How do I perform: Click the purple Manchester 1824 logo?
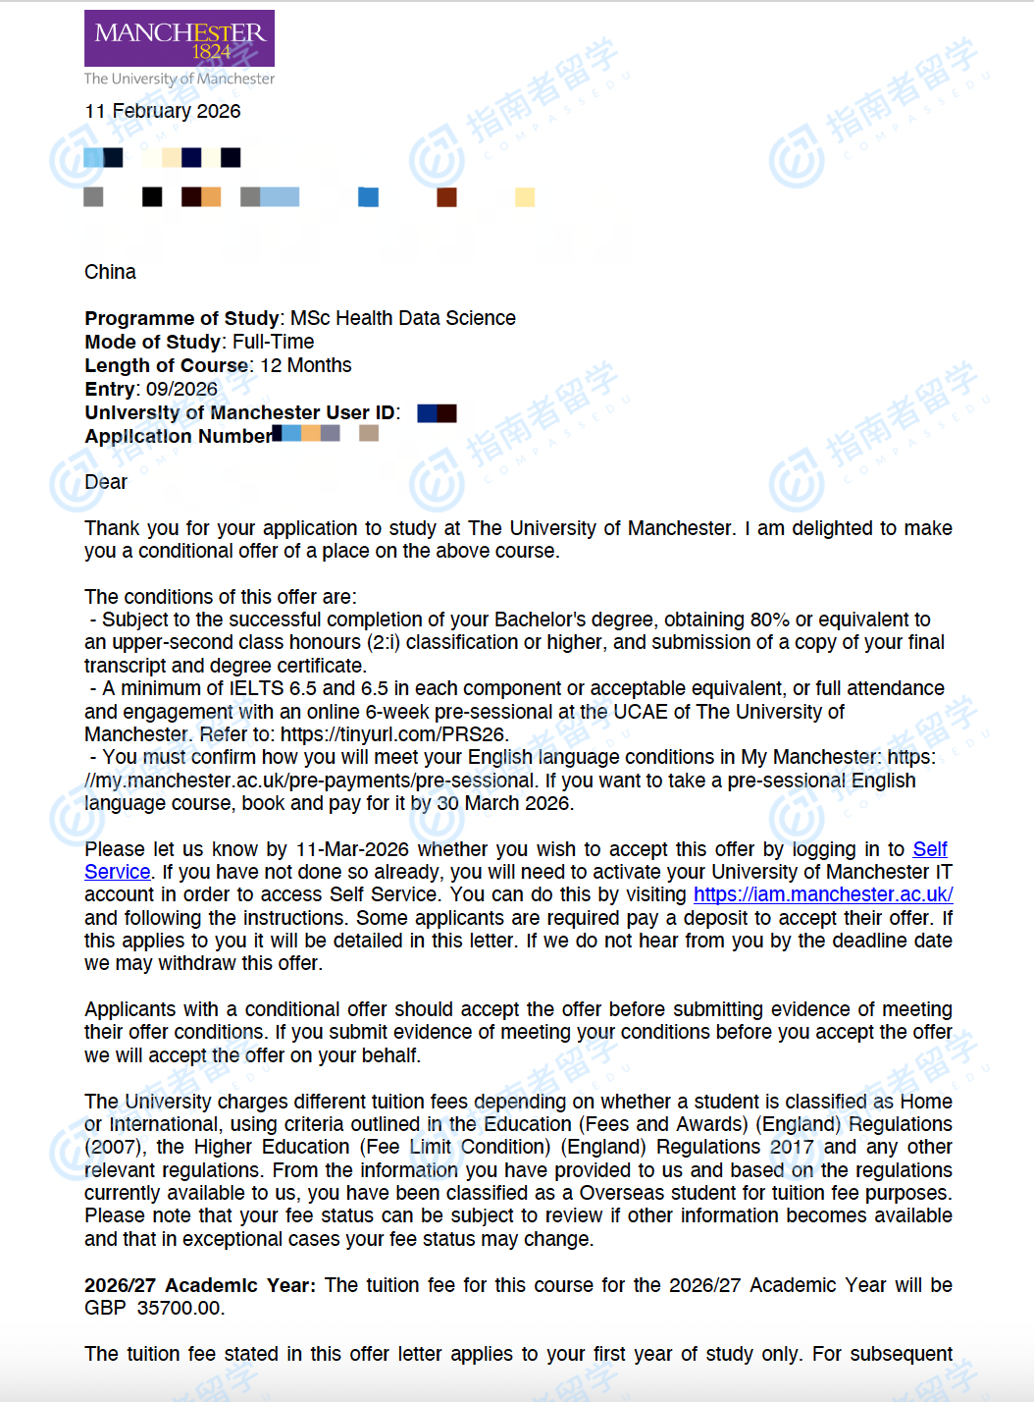tap(180, 39)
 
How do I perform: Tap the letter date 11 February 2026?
tap(163, 111)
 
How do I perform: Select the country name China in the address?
tap(110, 272)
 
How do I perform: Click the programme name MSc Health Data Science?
tap(402, 318)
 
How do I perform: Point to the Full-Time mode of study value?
tap(273, 342)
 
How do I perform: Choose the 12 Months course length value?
tap(305, 365)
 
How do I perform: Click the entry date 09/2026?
tap(181, 389)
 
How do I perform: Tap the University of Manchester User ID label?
tap(241, 412)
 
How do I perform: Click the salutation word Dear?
tap(106, 482)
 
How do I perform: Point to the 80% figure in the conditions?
tap(769, 620)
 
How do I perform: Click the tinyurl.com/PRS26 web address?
tap(393, 734)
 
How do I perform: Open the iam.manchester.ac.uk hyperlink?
tap(822, 894)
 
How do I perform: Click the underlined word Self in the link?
tap(929, 849)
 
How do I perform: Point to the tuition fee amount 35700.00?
tap(181, 1308)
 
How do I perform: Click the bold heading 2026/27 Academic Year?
tap(199, 1285)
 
